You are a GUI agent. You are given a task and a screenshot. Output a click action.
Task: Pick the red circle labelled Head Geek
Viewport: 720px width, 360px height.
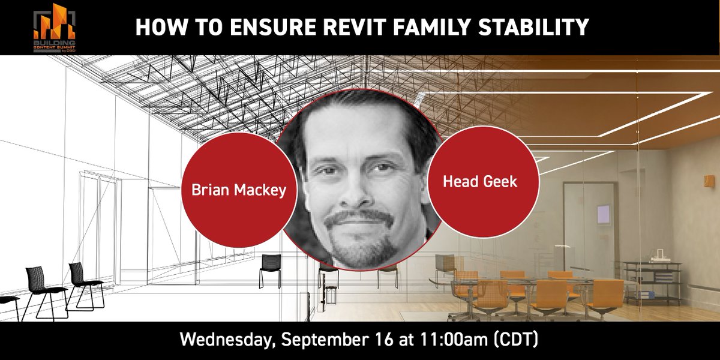pos(480,182)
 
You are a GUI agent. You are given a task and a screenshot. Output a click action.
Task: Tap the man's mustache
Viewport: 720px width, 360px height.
pos(359,218)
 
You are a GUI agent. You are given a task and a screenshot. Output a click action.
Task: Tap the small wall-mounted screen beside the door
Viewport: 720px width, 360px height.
pos(603,214)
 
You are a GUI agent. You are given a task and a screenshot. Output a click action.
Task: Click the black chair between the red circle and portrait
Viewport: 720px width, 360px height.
pos(271,267)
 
